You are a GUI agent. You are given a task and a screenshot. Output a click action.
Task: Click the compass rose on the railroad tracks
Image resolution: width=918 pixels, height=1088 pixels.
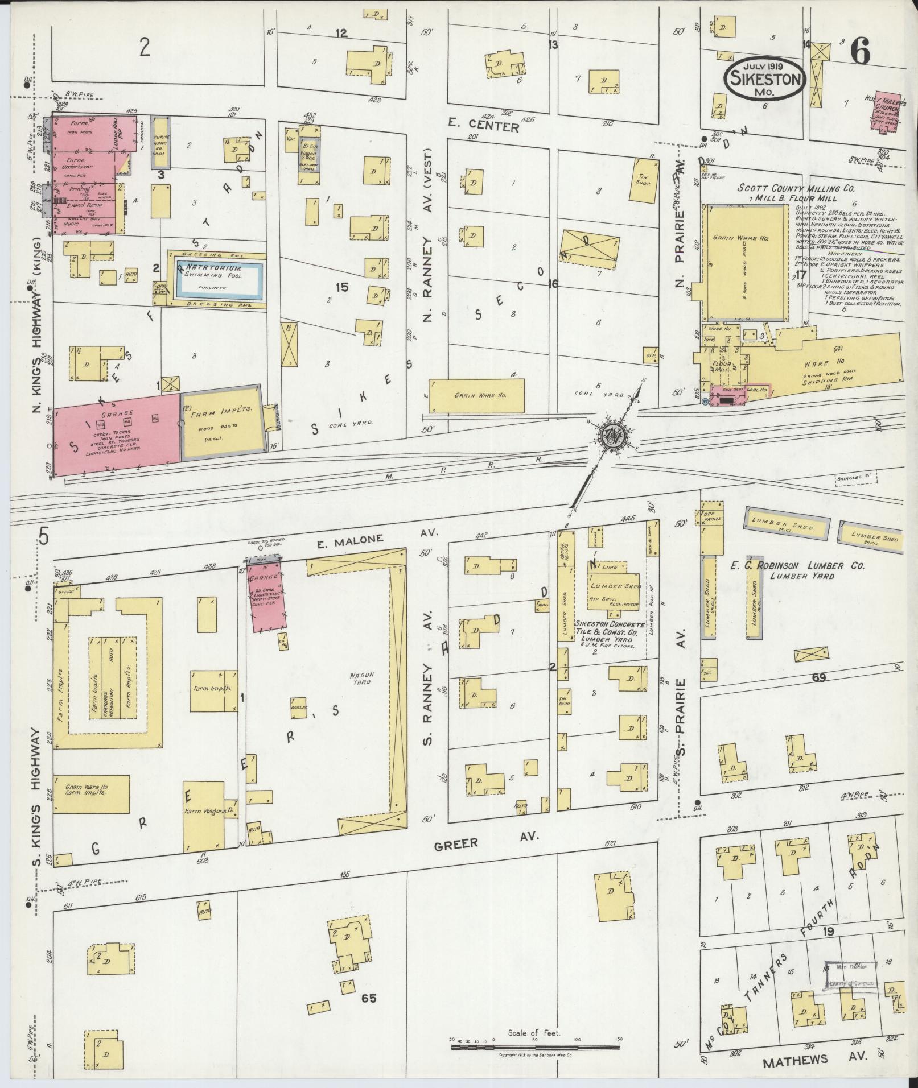[x=612, y=435]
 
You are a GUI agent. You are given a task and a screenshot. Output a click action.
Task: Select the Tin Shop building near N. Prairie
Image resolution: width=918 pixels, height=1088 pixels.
[x=643, y=180]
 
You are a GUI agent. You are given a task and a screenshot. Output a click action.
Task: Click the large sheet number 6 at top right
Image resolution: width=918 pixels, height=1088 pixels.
[x=860, y=53]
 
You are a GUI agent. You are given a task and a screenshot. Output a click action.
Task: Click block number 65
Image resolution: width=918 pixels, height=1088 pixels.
[x=368, y=997]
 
